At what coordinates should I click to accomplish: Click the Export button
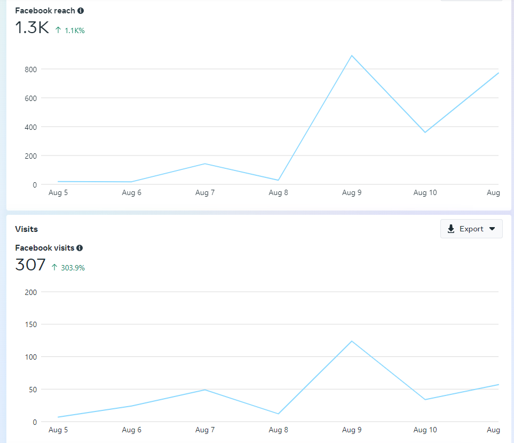tap(471, 229)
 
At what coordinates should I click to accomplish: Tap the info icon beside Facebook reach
tap(81, 11)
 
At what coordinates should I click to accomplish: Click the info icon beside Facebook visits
tap(80, 248)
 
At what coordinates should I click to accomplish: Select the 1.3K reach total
tap(32, 28)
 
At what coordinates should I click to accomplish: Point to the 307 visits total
tap(30, 265)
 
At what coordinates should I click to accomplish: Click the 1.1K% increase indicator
tap(70, 30)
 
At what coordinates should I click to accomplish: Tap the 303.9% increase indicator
tap(68, 268)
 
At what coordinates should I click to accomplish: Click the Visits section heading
tap(27, 229)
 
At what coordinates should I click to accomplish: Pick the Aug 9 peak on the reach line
tap(352, 56)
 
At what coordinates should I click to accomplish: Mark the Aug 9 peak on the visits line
tap(352, 341)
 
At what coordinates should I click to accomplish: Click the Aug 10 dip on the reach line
tap(425, 132)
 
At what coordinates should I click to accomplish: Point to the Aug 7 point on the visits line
tap(205, 390)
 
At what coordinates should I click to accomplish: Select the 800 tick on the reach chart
tap(30, 69)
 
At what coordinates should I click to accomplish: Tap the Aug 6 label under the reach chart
tap(131, 193)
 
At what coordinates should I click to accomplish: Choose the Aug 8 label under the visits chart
tap(278, 430)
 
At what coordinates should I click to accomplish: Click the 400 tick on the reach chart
tap(30, 127)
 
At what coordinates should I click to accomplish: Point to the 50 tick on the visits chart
tap(32, 390)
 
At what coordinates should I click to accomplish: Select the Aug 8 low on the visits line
tap(278, 414)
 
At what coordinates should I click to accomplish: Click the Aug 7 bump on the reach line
tap(205, 164)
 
